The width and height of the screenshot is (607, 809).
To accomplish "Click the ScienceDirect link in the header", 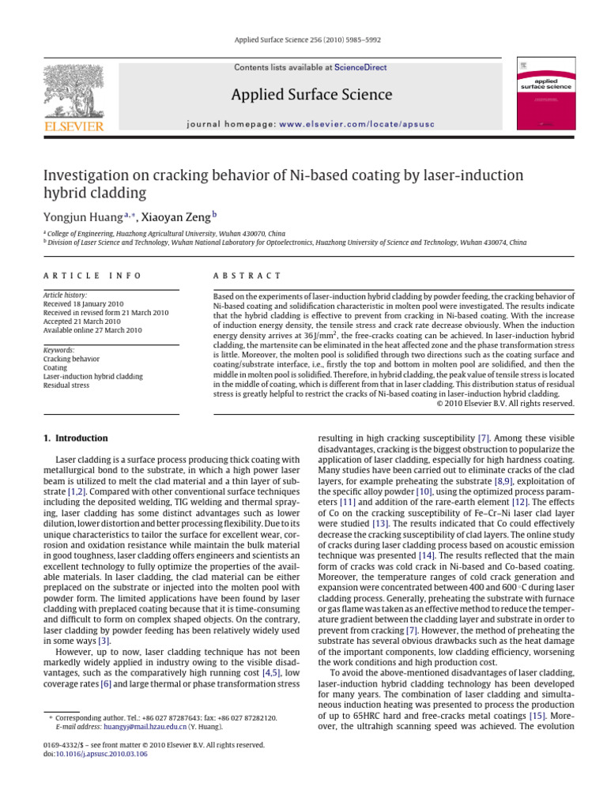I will pyautogui.click(x=360, y=68).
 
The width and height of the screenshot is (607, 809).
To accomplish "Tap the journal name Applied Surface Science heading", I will pyautogui.click(x=311, y=95).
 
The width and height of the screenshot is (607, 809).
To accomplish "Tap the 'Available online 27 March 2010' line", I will pyautogui.click(x=92, y=330).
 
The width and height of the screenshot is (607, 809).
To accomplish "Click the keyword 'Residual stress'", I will pyautogui.click(x=70, y=386).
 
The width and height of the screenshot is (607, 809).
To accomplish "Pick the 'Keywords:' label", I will pyautogui.click(x=59, y=350).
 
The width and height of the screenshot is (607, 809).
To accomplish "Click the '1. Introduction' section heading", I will pyautogui.click(x=75, y=438).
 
